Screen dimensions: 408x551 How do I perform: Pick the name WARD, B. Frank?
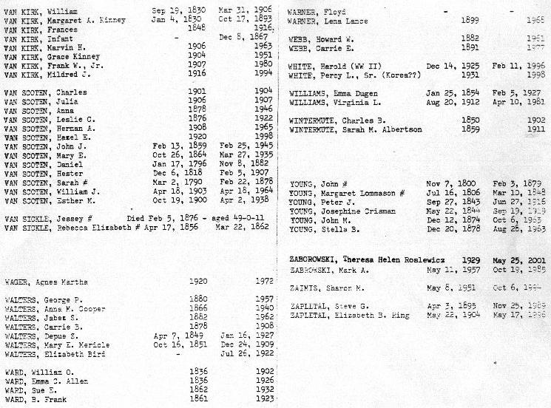35,398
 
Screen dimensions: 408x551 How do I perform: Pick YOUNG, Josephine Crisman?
339,211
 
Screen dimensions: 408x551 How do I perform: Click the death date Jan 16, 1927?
239,336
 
